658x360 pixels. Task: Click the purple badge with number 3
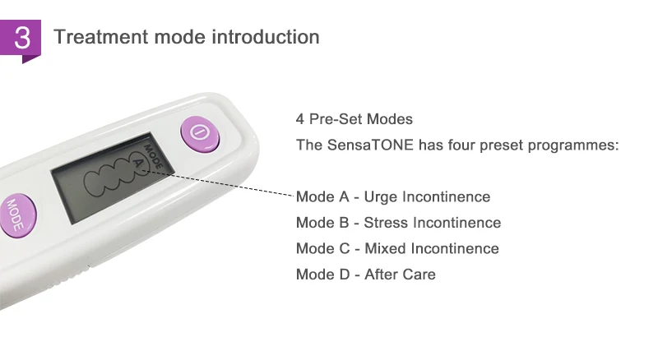point(21,39)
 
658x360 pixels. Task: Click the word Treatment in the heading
point(101,37)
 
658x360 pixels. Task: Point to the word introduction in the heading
point(266,37)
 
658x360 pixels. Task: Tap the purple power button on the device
point(200,133)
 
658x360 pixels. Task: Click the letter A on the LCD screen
point(138,164)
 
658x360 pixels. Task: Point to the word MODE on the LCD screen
point(153,157)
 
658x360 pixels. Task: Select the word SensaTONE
point(370,145)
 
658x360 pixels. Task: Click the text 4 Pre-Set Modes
point(354,119)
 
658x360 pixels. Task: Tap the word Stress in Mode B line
point(386,223)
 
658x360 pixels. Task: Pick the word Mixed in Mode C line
point(385,248)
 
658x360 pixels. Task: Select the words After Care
point(400,275)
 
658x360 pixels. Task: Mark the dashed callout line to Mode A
point(218,183)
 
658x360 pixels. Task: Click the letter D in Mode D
point(344,275)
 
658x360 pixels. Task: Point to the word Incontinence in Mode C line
point(455,248)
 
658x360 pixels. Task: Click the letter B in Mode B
point(344,223)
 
